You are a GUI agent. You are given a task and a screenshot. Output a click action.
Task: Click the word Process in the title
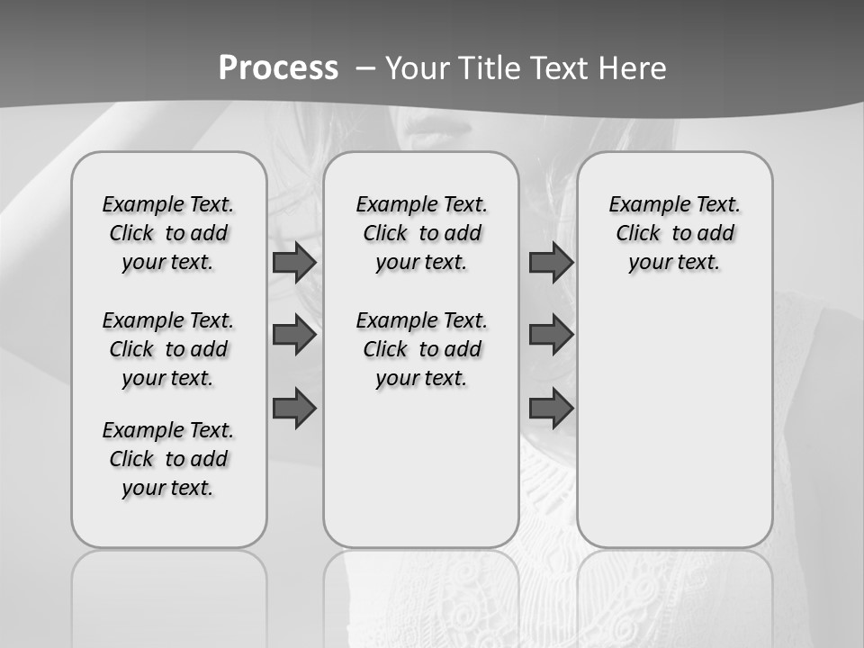tap(278, 68)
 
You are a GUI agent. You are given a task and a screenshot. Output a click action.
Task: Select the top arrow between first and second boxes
tap(294, 263)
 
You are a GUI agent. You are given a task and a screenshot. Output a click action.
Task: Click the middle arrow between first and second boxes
tap(294, 335)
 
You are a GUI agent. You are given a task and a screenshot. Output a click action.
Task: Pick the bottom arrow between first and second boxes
tap(294, 409)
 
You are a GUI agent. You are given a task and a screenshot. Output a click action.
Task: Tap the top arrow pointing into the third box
tap(551, 263)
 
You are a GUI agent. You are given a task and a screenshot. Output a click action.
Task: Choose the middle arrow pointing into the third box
tap(551, 335)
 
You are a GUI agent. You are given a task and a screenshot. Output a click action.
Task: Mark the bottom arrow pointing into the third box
tap(551, 409)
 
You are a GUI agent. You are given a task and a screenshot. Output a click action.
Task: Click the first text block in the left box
tap(168, 233)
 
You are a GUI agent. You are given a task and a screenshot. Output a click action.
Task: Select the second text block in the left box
tap(168, 349)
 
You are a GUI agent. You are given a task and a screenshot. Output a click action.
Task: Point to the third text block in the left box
tap(168, 459)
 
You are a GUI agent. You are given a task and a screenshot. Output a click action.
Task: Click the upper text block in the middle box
tap(422, 233)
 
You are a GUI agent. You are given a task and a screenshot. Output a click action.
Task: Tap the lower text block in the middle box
tap(422, 349)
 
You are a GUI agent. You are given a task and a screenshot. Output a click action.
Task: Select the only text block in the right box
tap(675, 233)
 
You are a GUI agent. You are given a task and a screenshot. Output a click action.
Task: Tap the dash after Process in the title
tap(364, 68)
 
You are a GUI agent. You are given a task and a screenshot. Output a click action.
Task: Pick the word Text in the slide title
tap(561, 68)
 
